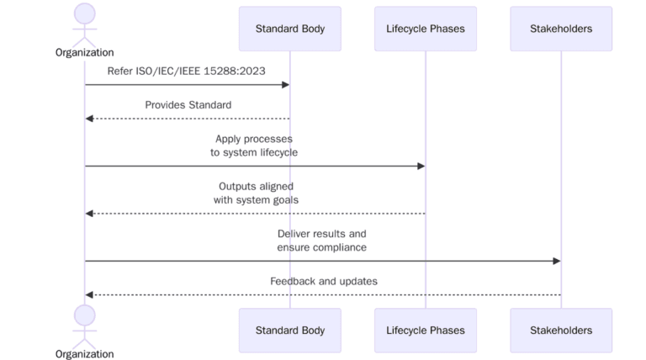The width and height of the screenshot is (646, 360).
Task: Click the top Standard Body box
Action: (289, 29)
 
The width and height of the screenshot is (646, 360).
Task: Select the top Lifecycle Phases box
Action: (426, 29)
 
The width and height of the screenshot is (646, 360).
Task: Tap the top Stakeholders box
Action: (561, 29)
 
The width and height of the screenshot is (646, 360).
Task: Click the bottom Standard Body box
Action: (289, 331)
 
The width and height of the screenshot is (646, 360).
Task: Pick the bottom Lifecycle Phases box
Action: (426, 331)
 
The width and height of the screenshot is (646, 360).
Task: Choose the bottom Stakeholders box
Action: (561, 331)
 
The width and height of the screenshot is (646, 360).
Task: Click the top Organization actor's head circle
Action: (85, 13)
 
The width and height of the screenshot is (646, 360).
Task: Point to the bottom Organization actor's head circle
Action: (85, 315)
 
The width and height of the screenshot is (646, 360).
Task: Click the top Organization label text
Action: (85, 52)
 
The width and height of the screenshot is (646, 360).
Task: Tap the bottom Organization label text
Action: (85, 354)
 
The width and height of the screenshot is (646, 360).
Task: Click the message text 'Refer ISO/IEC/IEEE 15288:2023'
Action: (186, 71)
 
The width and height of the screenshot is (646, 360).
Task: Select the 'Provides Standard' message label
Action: (188, 105)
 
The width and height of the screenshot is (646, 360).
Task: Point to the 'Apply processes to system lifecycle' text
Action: (254, 146)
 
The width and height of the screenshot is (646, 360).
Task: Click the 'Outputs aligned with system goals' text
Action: (256, 193)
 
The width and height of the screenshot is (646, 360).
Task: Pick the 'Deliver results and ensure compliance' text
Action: (322, 241)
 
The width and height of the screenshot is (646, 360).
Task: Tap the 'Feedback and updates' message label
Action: (323, 281)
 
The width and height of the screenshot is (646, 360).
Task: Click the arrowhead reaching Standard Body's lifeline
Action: (285, 85)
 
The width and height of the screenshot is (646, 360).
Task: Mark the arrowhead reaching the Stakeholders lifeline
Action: (556, 261)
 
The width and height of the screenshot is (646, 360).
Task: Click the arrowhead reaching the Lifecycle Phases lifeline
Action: (421, 166)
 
